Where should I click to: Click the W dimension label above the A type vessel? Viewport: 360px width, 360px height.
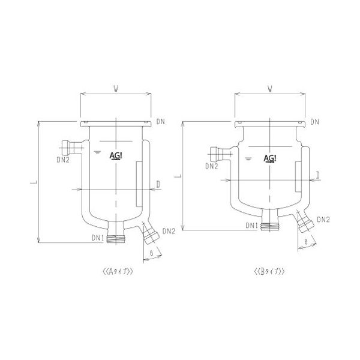(116, 89)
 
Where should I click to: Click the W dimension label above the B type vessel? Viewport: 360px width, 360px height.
(270, 89)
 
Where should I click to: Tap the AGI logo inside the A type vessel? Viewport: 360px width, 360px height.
(116, 156)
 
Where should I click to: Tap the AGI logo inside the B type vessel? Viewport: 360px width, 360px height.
(270, 158)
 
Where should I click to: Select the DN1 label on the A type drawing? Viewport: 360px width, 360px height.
(98, 238)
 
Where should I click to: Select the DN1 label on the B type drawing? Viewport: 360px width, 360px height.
(252, 226)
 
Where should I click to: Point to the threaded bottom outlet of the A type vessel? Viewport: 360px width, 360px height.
(116, 239)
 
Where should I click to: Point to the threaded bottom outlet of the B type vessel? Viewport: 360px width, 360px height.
(270, 226)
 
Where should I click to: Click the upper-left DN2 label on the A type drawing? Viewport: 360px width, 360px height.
(63, 160)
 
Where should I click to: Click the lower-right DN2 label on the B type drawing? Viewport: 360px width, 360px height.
(323, 220)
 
